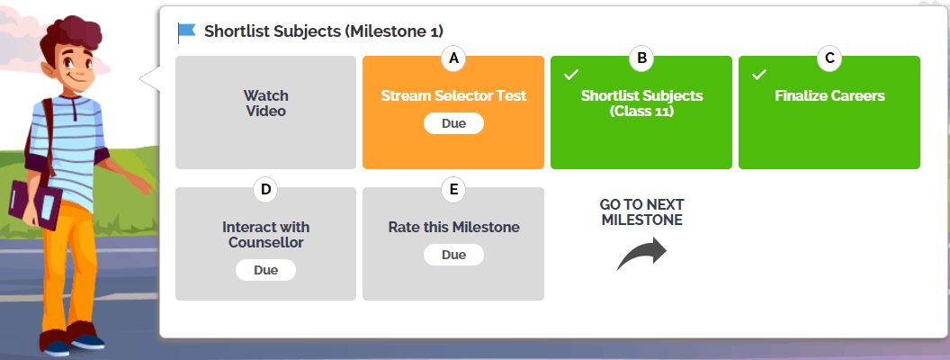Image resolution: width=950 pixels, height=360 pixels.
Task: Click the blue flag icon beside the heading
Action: (x=187, y=32)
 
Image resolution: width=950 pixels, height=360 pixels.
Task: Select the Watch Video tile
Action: (x=266, y=112)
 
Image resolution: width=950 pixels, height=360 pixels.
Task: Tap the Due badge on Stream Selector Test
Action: (x=453, y=123)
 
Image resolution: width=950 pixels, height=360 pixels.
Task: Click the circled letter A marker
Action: (x=453, y=58)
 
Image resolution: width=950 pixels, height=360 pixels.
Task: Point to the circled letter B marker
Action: (x=641, y=58)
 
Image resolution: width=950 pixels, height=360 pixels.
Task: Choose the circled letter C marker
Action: (x=829, y=58)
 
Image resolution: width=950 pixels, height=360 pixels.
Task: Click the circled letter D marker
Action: (x=266, y=190)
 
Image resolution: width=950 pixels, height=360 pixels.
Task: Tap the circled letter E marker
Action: (x=453, y=190)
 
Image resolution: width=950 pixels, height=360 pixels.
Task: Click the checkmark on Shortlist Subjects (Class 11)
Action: (x=571, y=75)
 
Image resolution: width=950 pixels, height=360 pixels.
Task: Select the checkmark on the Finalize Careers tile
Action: (x=759, y=75)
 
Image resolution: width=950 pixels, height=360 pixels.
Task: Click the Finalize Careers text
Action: (x=829, y=95)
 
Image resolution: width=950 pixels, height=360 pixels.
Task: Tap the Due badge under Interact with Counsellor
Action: (x=266, y=270)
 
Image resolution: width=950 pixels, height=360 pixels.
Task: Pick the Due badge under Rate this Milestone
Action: (x=453, y=255)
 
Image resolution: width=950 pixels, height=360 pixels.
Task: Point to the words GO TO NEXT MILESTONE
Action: (x=641, y=212)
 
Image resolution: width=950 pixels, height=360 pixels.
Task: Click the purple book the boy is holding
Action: (x=34, y=203)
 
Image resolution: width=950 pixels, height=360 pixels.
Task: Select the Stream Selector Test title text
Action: (x=453, y=95)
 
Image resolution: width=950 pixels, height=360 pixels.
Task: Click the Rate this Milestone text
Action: (x=453, y=228)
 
